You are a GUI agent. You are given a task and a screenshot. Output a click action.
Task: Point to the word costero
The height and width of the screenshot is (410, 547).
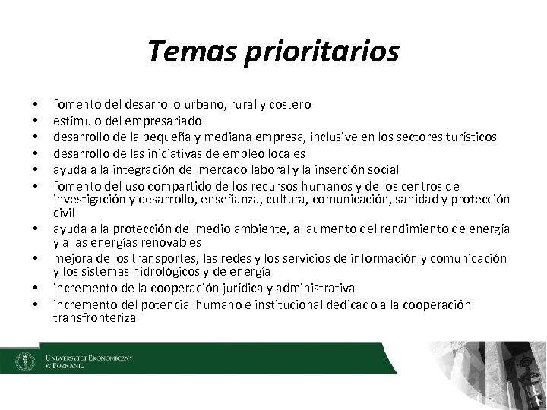click(x=289, y=103)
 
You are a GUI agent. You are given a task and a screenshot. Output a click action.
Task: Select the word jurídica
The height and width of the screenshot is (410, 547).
click(x=229, y=289)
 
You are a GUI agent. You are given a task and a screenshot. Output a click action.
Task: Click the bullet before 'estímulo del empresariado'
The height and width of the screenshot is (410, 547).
click(x=35, y=120)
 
